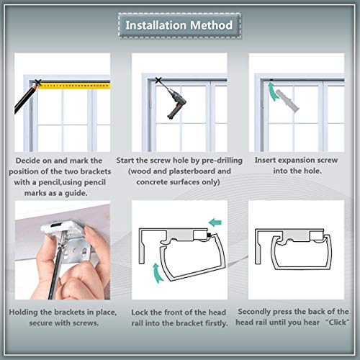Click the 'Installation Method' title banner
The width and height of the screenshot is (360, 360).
[x=179, y=25]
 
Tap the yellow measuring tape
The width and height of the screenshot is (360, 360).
[x=74, y=86]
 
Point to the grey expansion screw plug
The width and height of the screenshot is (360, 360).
[x=287, y=100]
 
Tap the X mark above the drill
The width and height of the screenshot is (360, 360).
[x=158, y=81]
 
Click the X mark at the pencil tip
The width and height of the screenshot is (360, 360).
[x=37, y=83]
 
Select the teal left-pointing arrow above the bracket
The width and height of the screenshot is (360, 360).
[x=215, y=222]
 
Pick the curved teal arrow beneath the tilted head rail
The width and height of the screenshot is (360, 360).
[x=157, y=273]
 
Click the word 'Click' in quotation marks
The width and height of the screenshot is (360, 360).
[x=337, y=322]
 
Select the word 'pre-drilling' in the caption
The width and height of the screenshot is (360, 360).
[x=222, y=161]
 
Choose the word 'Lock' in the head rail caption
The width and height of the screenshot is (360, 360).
[x=140, y=312]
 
